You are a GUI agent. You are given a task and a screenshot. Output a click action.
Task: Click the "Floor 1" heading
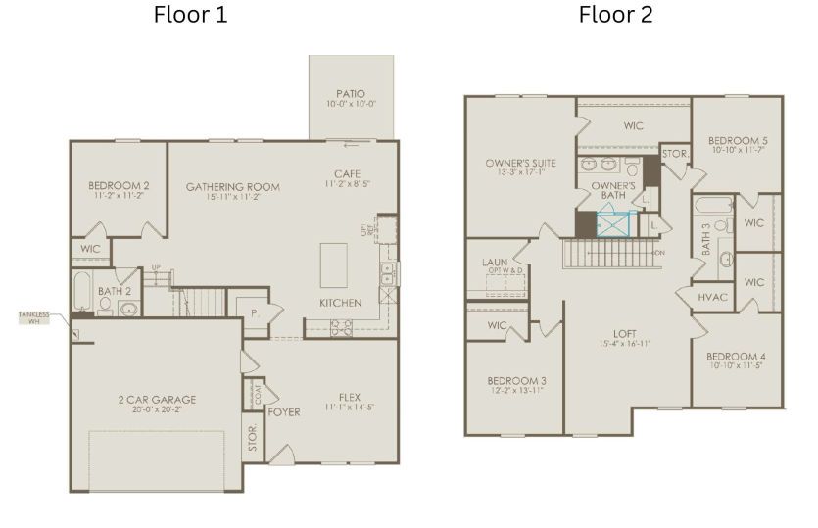[191, 15]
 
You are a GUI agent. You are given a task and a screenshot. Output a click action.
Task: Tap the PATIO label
[350, 94]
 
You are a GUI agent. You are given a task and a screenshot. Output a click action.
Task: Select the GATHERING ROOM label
[232, 187]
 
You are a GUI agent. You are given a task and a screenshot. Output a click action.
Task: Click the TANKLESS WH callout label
[33, 317]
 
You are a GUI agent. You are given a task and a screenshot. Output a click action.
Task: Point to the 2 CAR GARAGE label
[157, 399]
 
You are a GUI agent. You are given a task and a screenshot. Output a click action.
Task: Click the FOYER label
[284, 412]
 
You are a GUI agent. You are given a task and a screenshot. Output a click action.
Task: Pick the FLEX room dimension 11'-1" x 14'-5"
[350, 409]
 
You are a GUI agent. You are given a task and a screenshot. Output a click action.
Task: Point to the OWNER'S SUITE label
[520, 164]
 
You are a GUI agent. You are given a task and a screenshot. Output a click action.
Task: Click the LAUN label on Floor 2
[493, 263]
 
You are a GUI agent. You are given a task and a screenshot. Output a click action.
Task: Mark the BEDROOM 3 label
[516, 380]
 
